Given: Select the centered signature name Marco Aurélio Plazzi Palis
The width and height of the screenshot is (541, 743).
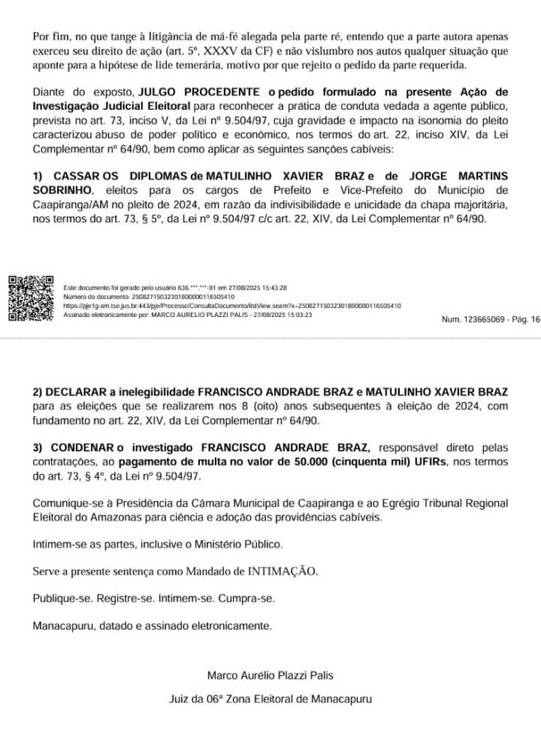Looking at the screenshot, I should coord(270,675).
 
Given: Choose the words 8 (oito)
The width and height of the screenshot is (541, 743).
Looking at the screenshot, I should coord(246,405).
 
